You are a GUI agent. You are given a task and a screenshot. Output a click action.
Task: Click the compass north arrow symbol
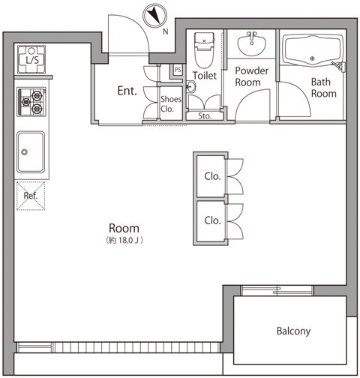click(x=154, y=16)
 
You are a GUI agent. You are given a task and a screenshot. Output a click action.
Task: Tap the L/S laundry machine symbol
click(x=31, y=59)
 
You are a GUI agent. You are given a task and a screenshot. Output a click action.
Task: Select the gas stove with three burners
click(x=31, y=102)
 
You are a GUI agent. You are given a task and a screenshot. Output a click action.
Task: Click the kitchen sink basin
click(x=31, y=152)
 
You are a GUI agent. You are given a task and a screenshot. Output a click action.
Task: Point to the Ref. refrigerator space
click(x=31, y=196)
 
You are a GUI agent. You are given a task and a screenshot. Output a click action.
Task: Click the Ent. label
click(x=127, y=91)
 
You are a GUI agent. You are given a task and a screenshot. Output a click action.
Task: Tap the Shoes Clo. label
click(x=171, y=104)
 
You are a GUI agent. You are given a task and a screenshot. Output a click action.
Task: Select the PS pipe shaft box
click(x=178, y=70)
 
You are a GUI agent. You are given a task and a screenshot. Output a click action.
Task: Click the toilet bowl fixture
click(x=205, y=50)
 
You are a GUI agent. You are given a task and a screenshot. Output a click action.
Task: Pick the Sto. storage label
click(x=205, y=116)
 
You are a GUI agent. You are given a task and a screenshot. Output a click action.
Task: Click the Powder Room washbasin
click(x=251, y=43)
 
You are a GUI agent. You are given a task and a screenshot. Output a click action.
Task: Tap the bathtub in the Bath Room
click(x=313, y=50)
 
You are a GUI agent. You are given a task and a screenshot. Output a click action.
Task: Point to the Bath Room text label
click(x=323, y=88)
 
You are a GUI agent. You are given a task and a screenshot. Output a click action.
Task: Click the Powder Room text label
click(x=251, y=76)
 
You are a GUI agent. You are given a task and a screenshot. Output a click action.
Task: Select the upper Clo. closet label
click(x=212, y=176)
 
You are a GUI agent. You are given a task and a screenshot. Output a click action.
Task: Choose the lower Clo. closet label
click(x=212, y=220)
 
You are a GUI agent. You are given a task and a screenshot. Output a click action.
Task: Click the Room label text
click(x=124, y=228)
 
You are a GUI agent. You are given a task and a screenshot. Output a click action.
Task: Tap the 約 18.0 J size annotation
click(x=124, y=241)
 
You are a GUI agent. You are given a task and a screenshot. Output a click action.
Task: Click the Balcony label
click(x=293, y=331)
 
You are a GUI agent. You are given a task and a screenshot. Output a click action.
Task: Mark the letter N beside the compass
click(x=166, y=31)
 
